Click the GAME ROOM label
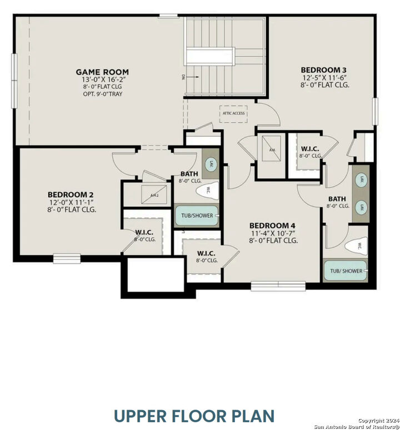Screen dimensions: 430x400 coord(102,72)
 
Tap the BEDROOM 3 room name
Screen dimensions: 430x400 coord(325,69)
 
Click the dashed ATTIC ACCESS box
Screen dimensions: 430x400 coord(233,113)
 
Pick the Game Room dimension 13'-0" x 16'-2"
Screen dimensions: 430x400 coord(102,79)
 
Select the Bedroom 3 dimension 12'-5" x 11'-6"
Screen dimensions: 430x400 coord(325,77)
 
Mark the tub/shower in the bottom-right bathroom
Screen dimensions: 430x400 coord(346,271)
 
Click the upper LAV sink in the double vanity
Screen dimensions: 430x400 coord(361,179)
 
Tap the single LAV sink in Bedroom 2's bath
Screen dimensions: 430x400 coord(211,163)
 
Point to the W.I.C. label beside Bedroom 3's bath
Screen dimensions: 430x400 coord(309,148)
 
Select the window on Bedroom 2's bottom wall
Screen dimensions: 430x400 coord(67,258)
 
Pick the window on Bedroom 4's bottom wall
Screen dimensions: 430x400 coord(278,286)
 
